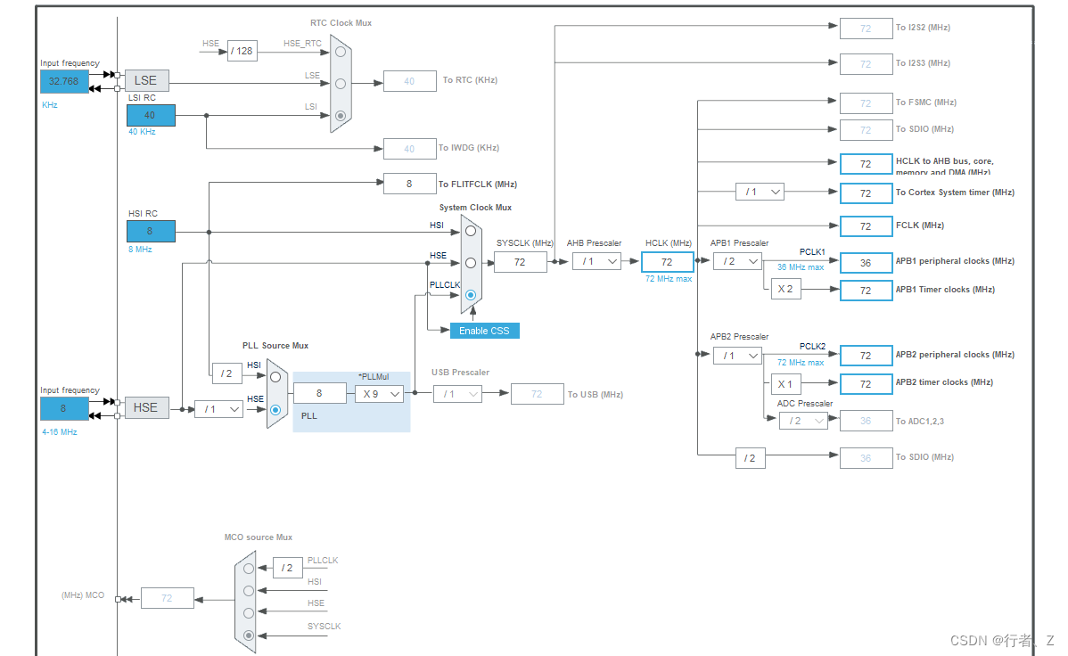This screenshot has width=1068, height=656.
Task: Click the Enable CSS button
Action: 484,331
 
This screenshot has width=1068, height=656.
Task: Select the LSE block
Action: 146,80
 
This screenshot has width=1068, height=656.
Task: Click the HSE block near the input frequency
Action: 146,407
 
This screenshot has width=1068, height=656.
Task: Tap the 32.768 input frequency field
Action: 64,81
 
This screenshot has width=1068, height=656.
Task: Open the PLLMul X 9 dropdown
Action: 379,394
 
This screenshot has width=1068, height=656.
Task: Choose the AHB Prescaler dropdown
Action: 596,261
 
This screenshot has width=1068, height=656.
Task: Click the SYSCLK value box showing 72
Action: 520,262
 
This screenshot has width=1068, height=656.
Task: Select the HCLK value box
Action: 667,262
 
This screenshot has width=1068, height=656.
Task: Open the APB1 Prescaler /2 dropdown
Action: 737,261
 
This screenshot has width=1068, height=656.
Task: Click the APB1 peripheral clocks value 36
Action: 866,262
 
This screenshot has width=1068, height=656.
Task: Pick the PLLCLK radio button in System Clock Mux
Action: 470,295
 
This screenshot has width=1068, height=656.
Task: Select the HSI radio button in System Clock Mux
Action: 470,230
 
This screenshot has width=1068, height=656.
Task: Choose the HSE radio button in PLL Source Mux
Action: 275,410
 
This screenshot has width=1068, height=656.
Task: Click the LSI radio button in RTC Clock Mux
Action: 340,115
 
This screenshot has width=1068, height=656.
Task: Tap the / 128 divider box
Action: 242,51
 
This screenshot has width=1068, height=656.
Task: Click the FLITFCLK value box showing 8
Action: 409,184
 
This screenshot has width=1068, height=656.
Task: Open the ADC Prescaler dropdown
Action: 802,421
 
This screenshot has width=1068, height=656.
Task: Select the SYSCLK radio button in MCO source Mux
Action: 249,635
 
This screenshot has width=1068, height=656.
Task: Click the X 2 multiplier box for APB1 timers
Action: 785,290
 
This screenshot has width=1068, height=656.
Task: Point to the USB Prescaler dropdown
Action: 457,394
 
